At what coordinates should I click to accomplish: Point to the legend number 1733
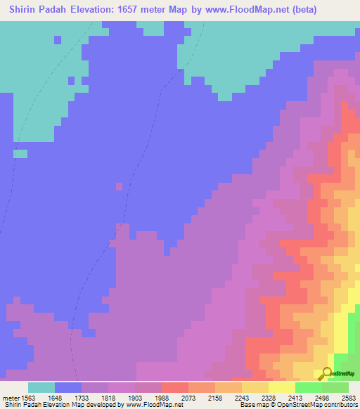(x=81, y=397)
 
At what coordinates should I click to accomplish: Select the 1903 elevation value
(x=134, y=397)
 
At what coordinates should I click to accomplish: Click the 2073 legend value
(x=188, y=397)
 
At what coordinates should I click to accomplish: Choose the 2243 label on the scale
(x=241, y=397)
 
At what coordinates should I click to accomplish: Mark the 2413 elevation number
(x=295, y=397)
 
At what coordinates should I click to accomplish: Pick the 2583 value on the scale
(x=348, y=397)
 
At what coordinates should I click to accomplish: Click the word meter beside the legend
(x=9, y=397)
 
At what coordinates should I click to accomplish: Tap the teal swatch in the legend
(x=41, y=387)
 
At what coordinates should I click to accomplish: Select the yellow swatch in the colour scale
(x=281, y=387)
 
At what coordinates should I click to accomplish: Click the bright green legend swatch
(x=308, y=387)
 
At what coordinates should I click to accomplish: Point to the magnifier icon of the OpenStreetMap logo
(x=327, y=374)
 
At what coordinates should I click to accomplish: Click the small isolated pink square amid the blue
(x=119, y=186)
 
